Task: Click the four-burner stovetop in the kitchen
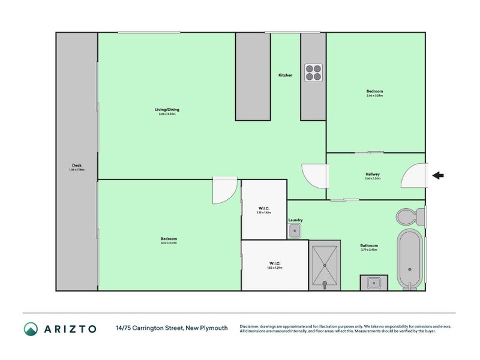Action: click(313, 73)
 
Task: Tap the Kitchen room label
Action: click(286, 75)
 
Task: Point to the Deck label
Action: click(77, 166)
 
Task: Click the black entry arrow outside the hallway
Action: click(438, 176)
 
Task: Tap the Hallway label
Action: click(373, 175)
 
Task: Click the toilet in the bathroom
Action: click(406, 216)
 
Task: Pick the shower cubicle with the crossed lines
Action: click(324, 265)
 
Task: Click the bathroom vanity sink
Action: click(374, 282)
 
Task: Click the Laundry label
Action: click(295, 220)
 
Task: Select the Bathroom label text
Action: click(369, 245)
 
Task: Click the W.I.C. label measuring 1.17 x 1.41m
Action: click(264, 208)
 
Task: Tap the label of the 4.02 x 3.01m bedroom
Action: click(169, 239)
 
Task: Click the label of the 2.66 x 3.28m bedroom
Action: click(375, 91)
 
